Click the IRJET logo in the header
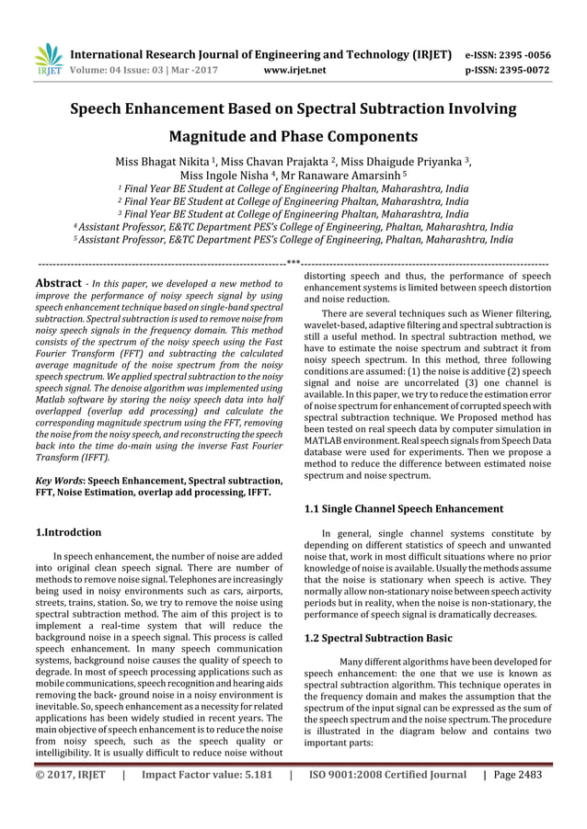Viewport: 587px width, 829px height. coord(47,58)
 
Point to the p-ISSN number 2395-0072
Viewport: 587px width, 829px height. coord(519,68)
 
